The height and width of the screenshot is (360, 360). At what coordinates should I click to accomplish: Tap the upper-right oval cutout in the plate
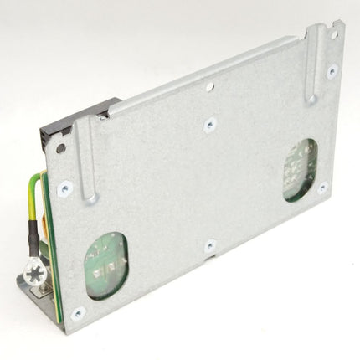(299, 169)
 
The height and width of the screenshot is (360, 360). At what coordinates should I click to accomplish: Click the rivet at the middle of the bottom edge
(209, 246)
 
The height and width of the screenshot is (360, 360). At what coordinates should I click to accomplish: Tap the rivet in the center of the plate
(209, 123)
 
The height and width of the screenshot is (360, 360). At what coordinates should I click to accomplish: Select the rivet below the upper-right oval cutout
(321, 188)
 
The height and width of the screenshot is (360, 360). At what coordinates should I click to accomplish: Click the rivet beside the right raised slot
(332, 72)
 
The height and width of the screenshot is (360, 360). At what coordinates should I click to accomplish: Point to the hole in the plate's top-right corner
(334, 35)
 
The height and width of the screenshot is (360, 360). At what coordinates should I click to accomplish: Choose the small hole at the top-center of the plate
(209, 85)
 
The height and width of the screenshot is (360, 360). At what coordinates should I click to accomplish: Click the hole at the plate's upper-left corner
(60, 149)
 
